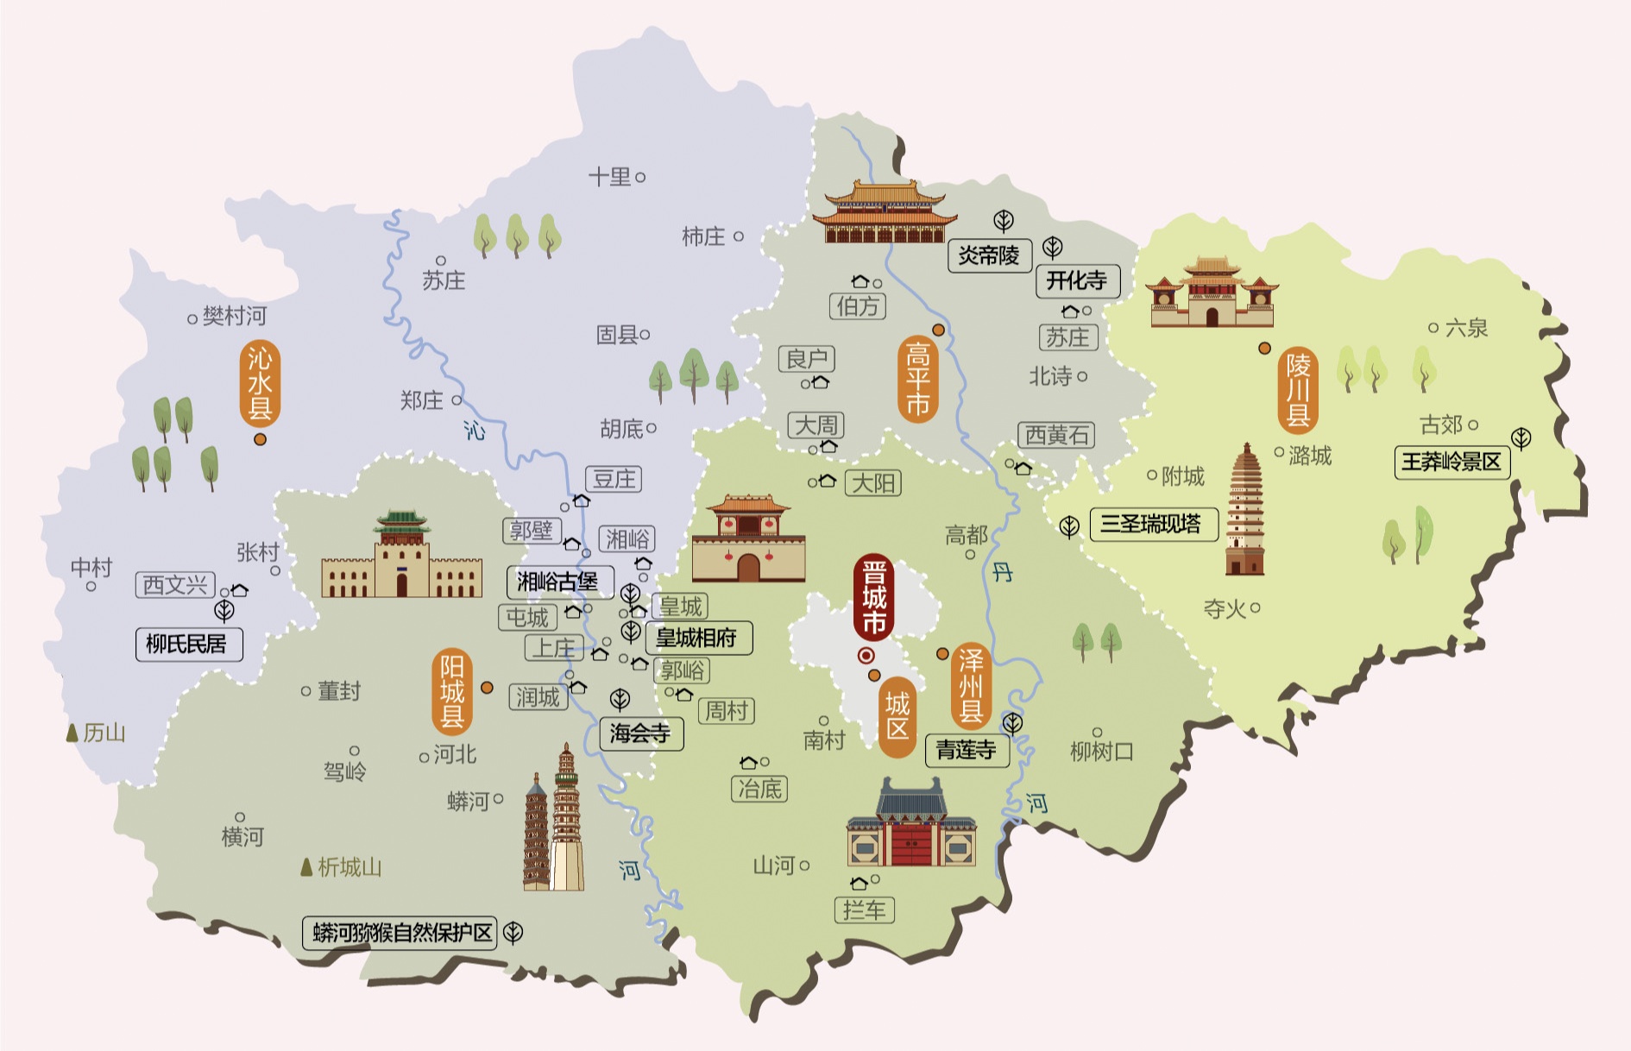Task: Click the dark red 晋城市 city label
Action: coord(873,598)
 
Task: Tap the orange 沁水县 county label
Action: coord(260,384)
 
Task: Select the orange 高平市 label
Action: coord(917,380)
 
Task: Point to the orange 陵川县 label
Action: coord(1298,391)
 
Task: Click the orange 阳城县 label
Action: coord(451,691)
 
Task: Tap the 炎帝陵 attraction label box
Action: coord(989,255)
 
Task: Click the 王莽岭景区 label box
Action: coord(1452,462)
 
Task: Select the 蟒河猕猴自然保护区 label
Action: coord(400,933)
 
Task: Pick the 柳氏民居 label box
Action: coord(188,644)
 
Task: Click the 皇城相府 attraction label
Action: coord(697,638)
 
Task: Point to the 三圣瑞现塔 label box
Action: coord(1152,524)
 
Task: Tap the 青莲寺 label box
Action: coord(967,750)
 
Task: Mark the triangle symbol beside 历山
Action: coord(72,733)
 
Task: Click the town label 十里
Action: coord(609,177)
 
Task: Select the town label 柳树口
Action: coord(1101,752)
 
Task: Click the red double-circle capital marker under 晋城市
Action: coord(866,656)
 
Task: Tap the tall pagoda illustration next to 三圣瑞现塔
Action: coord(1244,509)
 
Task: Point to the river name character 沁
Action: coord(474,430)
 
